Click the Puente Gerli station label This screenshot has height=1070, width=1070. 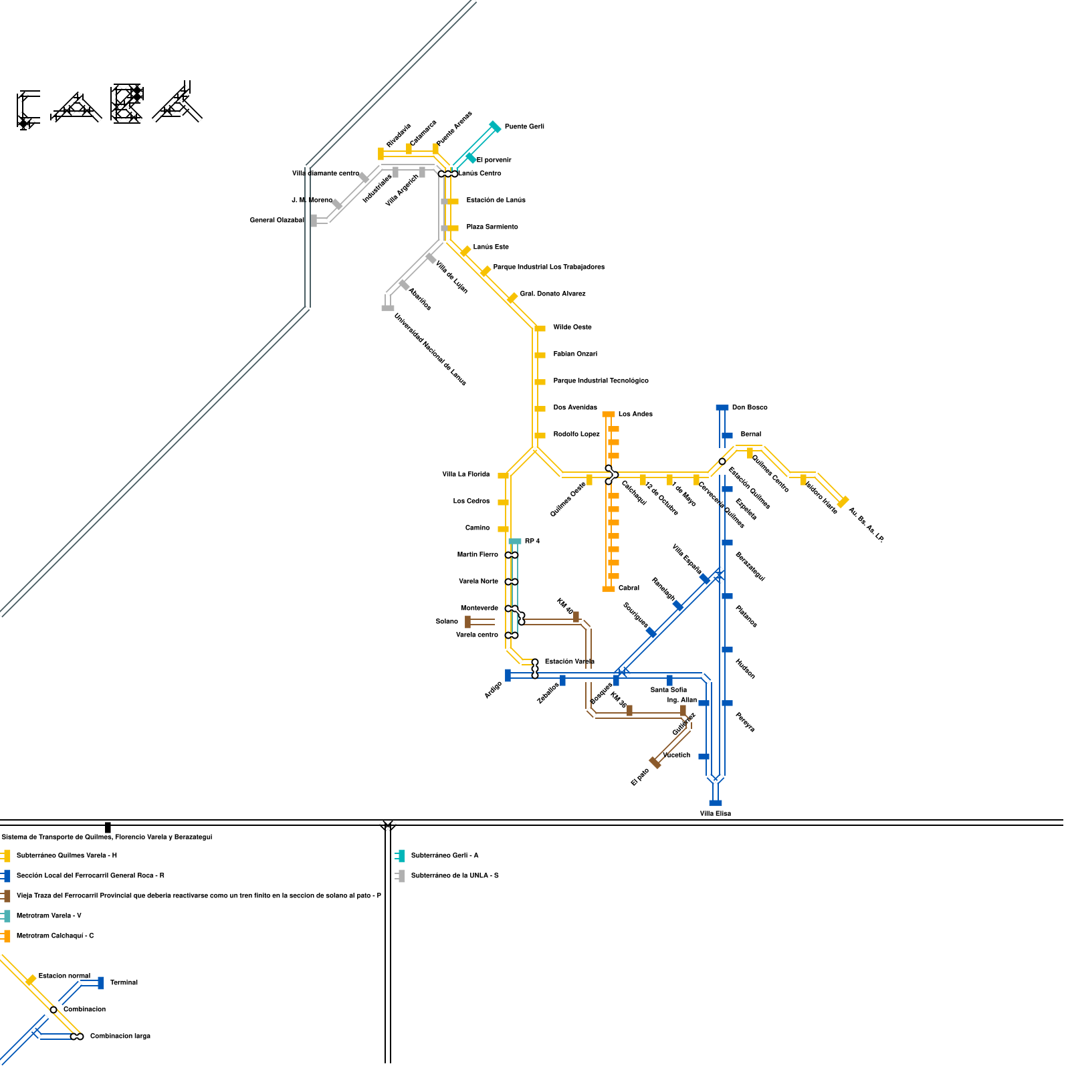(x=524, y=126)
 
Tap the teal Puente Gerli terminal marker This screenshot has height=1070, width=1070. (x=495, y=126)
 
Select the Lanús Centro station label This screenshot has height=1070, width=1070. (x=479, y=173)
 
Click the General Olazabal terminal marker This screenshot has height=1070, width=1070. (x=314, y=221)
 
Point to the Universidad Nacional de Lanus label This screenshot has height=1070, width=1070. (x=430, y=349)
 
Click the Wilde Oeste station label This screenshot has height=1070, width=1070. (x=572, y=327)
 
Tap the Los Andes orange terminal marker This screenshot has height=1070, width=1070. (x=608, y=415)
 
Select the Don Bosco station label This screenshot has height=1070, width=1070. (x=749, y=407)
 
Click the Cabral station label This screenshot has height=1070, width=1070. (x=629, y=588)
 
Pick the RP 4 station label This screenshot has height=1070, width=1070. (x=532, y=541)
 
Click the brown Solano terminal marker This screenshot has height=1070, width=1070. (x=468, y=622)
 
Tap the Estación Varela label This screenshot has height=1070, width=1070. (x=569, y=661)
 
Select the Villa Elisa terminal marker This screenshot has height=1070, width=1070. (x=716, y=802)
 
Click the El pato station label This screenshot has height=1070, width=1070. (x=639, y=776)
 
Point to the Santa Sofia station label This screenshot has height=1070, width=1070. (x=668, y=689)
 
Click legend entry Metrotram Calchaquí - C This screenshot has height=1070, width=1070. (x=55, y=936)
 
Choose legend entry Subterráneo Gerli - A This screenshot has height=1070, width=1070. (x=444, y=855)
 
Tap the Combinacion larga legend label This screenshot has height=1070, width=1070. (x=120, y=1036)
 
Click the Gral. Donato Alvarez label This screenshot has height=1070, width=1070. (x=552, y=294)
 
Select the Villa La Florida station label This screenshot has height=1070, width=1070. (x=465, y=474)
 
